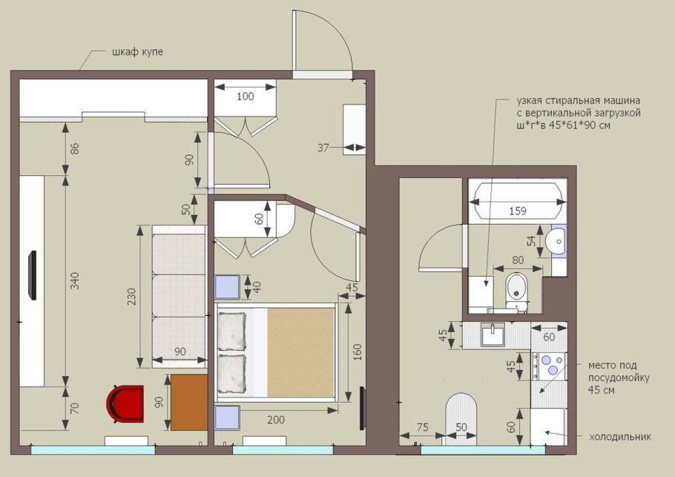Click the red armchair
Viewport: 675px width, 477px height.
(125, 404)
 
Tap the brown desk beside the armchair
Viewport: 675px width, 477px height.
(189, 402)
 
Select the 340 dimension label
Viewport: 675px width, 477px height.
(74, 280)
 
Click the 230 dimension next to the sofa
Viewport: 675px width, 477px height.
(131, 297)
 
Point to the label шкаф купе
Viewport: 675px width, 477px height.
(138, 52)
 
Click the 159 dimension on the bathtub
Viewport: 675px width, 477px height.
(518, 211)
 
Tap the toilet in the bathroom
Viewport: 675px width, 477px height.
(517, 289)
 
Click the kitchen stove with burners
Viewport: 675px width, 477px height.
(549, 366)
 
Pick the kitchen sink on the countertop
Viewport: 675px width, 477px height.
(493, 334)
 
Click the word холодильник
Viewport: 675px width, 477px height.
(620, 437)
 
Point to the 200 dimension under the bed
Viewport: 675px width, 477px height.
(275, 419)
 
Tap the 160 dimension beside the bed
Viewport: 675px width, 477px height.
(357, 352)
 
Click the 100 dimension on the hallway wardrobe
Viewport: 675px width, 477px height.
(246, 96)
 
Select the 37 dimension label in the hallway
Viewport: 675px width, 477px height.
(323, 148)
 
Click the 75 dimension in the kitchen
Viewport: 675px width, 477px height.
(423, 427)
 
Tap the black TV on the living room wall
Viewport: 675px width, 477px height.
(32, 275)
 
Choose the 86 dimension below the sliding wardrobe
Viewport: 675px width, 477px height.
(74, 149)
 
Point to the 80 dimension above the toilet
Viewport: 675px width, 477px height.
(518, 260)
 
